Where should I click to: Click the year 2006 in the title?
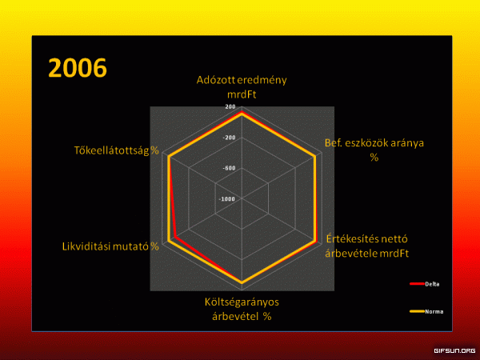click(78, 68)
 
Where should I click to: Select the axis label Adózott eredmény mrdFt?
click(242, 87)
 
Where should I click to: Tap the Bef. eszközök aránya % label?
click(374, 150)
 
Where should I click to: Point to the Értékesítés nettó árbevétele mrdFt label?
click(366, 246)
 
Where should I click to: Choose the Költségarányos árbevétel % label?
click(242, 309)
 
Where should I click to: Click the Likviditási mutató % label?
click(110, 246)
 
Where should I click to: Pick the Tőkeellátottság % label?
click(116, 150)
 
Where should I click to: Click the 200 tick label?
click(230, 106)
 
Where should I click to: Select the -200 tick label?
click(229, 138)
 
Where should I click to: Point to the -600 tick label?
click(229, 168)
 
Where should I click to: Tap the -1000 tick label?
click(227, 199)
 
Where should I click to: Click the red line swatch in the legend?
click(417, 284)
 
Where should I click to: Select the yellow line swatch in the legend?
click(417, 312)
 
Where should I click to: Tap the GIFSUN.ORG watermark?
click(454, 351)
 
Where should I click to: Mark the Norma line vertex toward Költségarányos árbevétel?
click(242, 282)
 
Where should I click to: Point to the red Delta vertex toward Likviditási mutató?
click(175, 237)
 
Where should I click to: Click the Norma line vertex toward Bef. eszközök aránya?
click(314, 157)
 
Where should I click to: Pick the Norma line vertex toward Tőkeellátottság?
click(169, 157)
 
